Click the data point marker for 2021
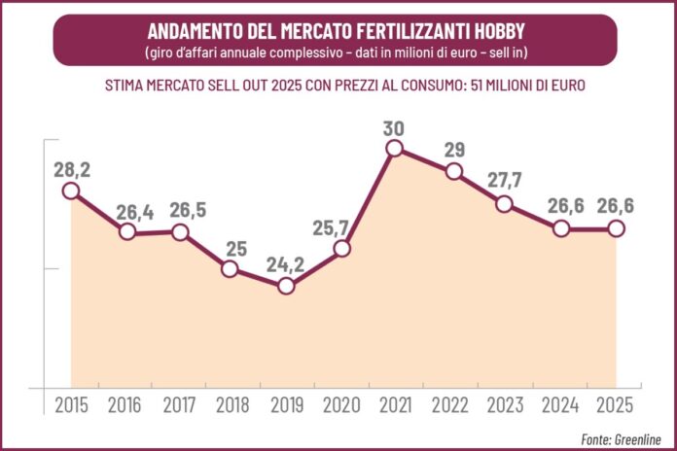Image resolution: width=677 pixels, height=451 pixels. coord(394,148)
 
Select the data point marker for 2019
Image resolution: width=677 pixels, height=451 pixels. coord(286,286)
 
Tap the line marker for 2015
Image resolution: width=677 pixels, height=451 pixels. coord(71,191)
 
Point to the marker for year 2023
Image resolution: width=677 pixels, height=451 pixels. coord(504,203)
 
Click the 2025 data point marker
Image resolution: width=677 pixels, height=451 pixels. coord(615,228)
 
